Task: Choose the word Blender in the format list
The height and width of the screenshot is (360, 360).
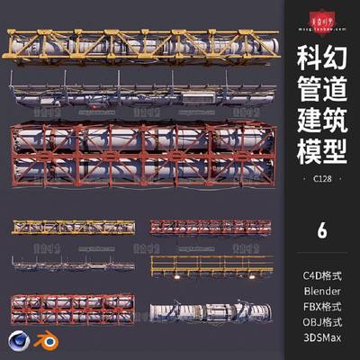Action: pos(322,290)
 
